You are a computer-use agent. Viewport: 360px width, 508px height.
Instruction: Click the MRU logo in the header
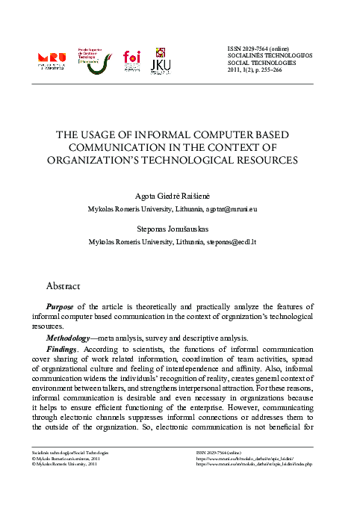point(51,61)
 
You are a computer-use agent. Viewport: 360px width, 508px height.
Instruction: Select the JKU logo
point(161,61)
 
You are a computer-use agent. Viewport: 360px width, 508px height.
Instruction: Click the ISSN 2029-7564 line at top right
point(258,49)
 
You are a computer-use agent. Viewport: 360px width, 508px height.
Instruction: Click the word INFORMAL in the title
point(156,135)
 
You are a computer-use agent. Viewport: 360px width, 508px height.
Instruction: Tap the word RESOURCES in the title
point(270,159)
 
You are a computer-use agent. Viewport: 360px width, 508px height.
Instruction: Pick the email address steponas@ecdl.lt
point(236,243)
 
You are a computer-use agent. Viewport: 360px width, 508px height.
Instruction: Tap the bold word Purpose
point(60,306)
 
